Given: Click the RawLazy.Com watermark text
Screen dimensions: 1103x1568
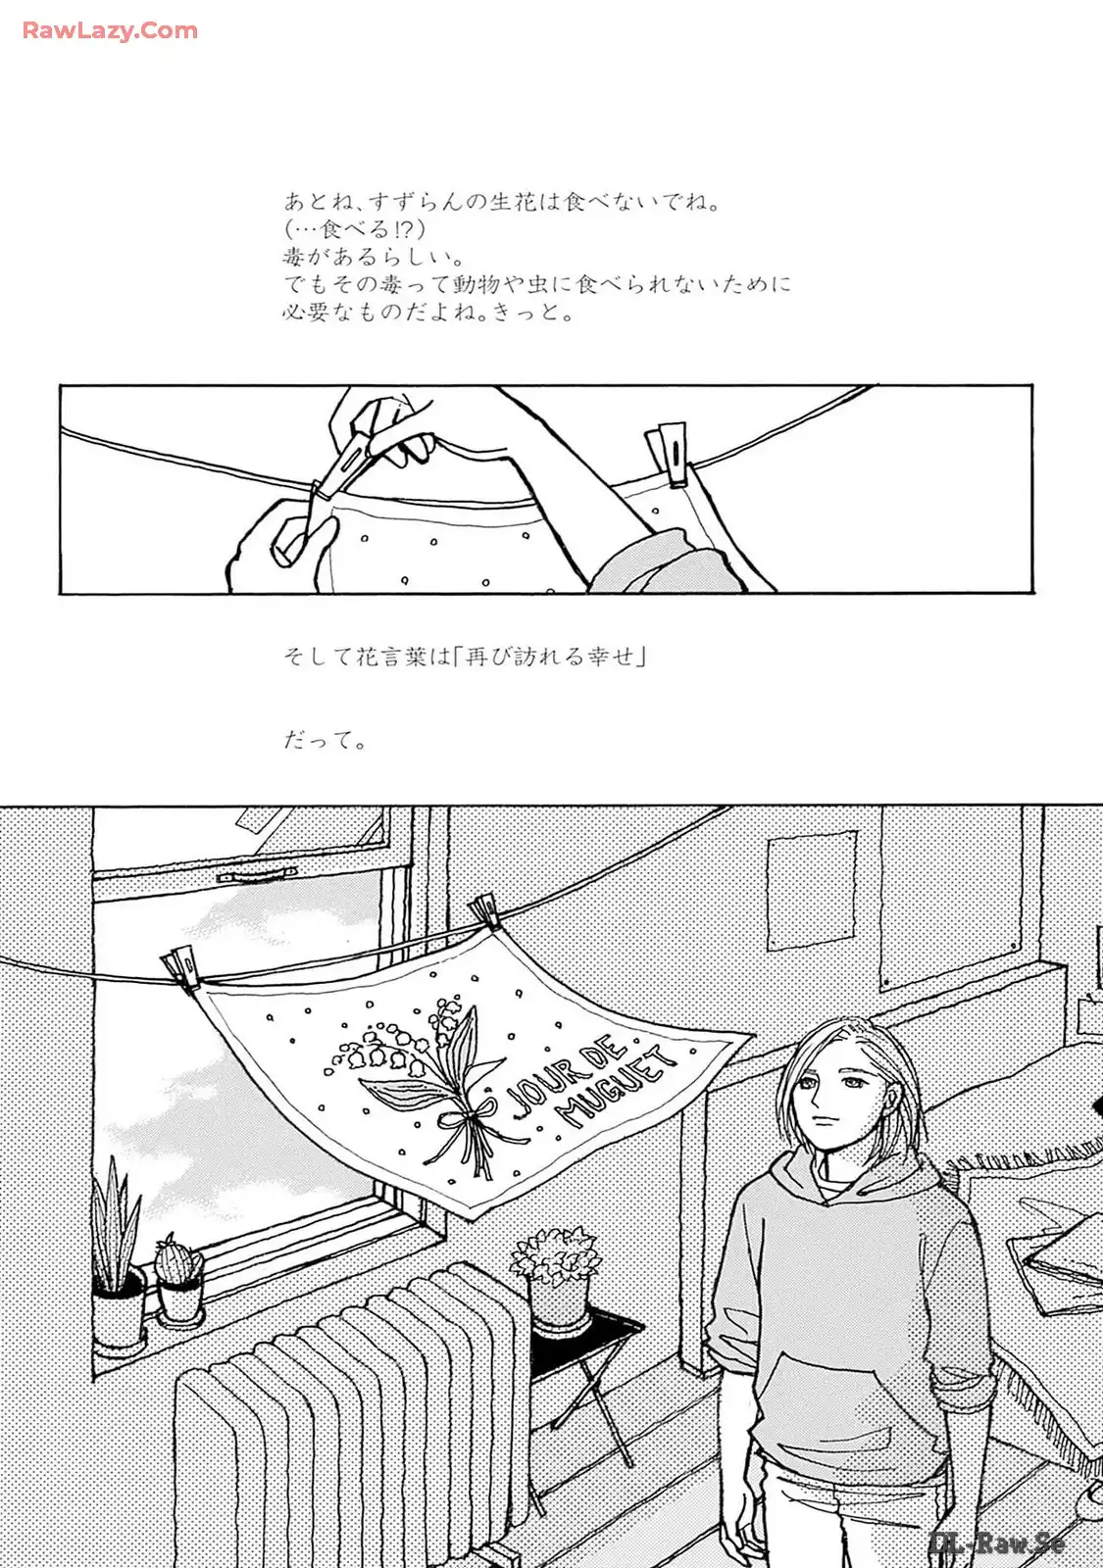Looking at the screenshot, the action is tap(110, 30).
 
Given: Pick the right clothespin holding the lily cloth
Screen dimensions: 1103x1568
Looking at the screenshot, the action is tap(486, 913).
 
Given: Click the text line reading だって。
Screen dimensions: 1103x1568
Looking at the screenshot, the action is tap(325, 741).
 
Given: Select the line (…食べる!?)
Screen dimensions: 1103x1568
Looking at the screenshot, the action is tap(354, 229).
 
